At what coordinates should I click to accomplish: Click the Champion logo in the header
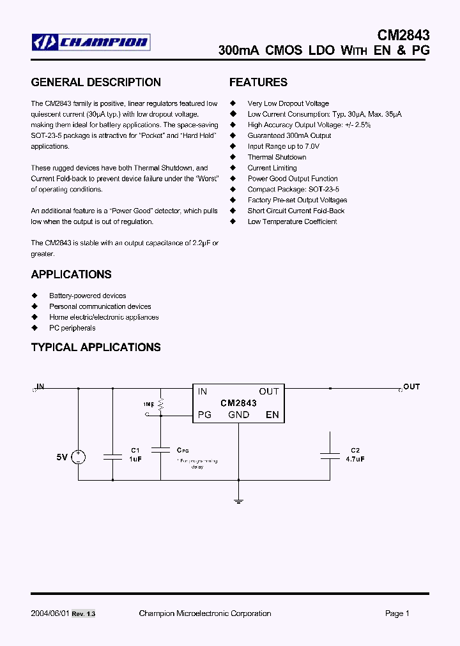click(x=91, y=43)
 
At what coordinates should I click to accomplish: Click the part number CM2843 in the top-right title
click(x=404, y=34)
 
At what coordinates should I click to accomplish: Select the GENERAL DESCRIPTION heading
click(x=96, y=82)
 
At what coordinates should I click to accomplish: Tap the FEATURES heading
click(x=258, y=82)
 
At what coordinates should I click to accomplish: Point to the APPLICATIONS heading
click(x=71, y=274)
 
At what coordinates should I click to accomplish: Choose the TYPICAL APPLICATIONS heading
click(x=96, y=347)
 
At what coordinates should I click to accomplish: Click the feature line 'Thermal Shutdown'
click(x=277, y=157)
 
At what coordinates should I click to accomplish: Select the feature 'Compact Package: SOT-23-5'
click(x=293, y=190)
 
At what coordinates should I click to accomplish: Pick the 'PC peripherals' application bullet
click(x=72, y=328)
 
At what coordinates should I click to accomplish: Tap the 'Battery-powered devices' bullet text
click(x=88, y=296)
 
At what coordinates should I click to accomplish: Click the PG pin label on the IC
click(x=204, y=415)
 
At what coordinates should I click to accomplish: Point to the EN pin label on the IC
click(x=272, y=415)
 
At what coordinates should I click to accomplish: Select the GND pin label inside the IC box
click(x=238, y=415)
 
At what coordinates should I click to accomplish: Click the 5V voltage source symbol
click(x=78, y=457)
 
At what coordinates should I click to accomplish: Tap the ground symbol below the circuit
click(x=238, y=501)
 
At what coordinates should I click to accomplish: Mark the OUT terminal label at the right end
click(x=411, y=387)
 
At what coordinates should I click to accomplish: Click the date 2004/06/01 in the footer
click(x=49, y=613)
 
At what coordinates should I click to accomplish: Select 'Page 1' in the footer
click(x=397, y=613)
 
